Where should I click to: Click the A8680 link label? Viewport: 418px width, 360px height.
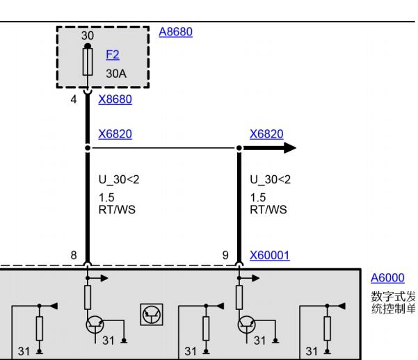(176, 32)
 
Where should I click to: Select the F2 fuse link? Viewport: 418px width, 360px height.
(113, 55)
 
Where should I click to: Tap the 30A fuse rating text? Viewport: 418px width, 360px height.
(116, 74)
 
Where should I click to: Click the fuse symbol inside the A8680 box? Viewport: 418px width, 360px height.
(88, 62)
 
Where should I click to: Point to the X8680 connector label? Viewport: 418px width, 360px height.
(115, 99)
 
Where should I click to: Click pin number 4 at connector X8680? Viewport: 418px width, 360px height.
(74, 99)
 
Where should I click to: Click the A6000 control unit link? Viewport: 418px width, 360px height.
(387, 278)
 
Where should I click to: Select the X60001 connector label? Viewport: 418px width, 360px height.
(270, 255)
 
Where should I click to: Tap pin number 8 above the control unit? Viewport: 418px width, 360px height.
(74, 255)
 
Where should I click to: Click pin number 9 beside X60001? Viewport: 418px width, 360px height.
(225, 255)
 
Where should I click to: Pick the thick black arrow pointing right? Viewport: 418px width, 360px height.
(270, 148)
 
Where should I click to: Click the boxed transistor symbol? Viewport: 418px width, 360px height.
(152, 314)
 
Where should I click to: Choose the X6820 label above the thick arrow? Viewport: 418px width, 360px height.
(266, 133)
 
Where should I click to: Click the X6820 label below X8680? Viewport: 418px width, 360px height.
(115, 133)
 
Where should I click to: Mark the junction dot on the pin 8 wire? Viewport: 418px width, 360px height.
(88, 148)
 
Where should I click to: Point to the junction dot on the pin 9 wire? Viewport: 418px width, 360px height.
(239, 148)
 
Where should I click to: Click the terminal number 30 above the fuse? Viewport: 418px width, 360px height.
(88, 35)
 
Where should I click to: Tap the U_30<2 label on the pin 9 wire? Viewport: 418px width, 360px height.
(271, 179)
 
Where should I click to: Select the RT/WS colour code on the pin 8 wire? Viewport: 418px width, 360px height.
(117, 210)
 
